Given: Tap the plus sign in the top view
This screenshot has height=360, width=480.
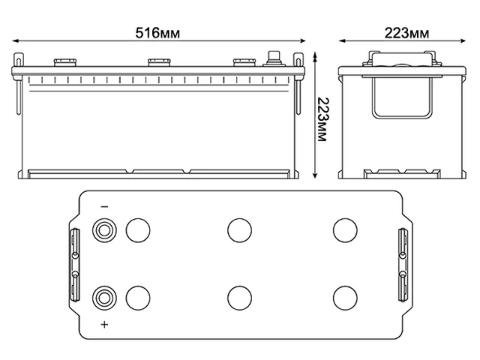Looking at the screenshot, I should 104,323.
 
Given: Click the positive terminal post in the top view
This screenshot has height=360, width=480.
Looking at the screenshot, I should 103,298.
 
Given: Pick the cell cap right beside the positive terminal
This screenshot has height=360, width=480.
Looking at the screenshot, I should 137,298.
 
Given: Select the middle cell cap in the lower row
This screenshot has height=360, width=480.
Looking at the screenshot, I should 239,298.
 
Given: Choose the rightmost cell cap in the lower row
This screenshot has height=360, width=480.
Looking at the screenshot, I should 344,298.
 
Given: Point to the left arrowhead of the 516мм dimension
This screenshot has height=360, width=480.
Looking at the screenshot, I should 18,42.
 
